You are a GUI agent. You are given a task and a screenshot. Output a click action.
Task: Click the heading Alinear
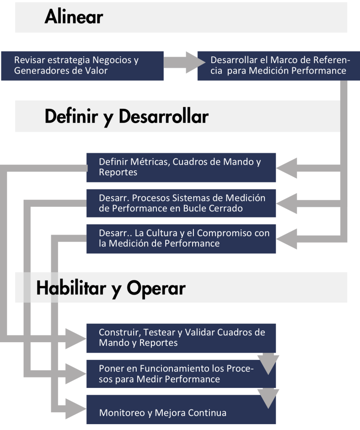(74, 17)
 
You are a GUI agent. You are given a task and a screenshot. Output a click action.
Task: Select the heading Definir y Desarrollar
(126, 116)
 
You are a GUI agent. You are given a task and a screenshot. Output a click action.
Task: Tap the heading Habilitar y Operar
(111, 288)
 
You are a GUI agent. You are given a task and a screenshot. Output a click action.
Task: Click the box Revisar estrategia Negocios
(82, 66)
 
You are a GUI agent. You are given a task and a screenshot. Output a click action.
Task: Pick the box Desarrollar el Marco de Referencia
(278, 66)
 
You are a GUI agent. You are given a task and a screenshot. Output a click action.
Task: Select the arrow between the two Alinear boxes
(181, 62)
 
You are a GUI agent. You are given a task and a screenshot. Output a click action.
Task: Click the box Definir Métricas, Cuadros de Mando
(181, 167)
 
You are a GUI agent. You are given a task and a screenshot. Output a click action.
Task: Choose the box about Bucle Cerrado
(181, 203)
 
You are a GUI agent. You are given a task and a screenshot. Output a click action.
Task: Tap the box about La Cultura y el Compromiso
(181, 238)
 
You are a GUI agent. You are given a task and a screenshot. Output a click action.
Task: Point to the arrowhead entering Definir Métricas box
(286, 169)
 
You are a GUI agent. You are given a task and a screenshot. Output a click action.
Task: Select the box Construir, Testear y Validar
(181, 338)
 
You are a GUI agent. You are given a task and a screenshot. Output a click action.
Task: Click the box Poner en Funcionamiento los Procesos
(181, 373)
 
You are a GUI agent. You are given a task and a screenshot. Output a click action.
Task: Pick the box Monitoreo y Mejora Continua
(181, 412)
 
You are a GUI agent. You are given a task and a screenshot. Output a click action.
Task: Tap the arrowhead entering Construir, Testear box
(77, 335)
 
